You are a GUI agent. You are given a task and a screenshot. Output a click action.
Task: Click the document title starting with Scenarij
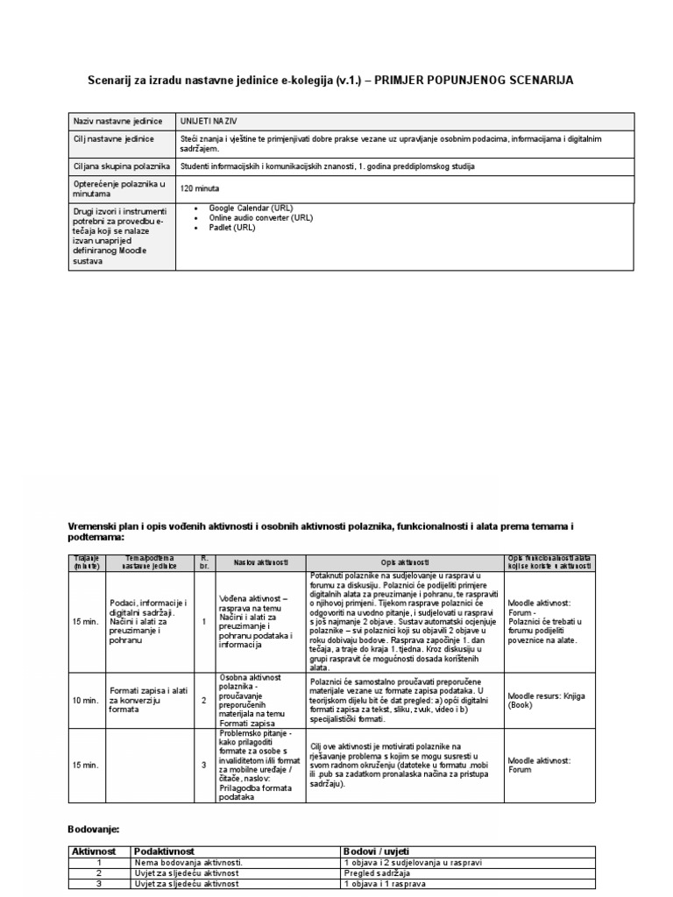pos(330,81)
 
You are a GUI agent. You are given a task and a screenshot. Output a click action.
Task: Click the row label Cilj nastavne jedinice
pos(114,139)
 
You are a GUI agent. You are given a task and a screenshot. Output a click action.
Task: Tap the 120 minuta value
pos(200,188)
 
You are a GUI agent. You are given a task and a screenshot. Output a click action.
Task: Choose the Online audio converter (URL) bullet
pos(260,217)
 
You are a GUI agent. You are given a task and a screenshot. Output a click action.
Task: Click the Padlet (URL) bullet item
pos(232,227)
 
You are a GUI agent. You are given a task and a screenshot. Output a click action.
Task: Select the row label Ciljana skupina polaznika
pos(121,166)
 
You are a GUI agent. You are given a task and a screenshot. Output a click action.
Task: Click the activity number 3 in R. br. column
pos(203,765)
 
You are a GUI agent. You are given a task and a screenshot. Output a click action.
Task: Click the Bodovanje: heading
pos(94,829)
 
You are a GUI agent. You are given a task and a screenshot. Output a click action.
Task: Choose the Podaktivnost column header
pos(164,851)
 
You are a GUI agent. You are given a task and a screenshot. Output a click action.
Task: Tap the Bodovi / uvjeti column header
pos(377,851)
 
